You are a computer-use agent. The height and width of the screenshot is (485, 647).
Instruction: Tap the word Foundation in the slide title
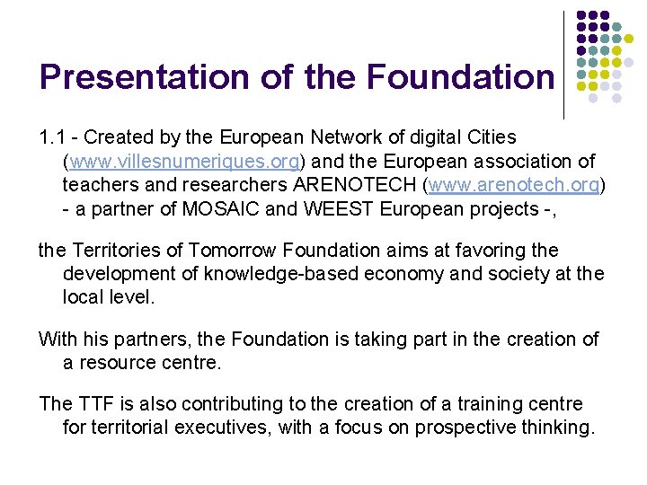click(x=461, y=77)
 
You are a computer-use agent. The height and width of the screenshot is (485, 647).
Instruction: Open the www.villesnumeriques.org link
click(x=184, y=162)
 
